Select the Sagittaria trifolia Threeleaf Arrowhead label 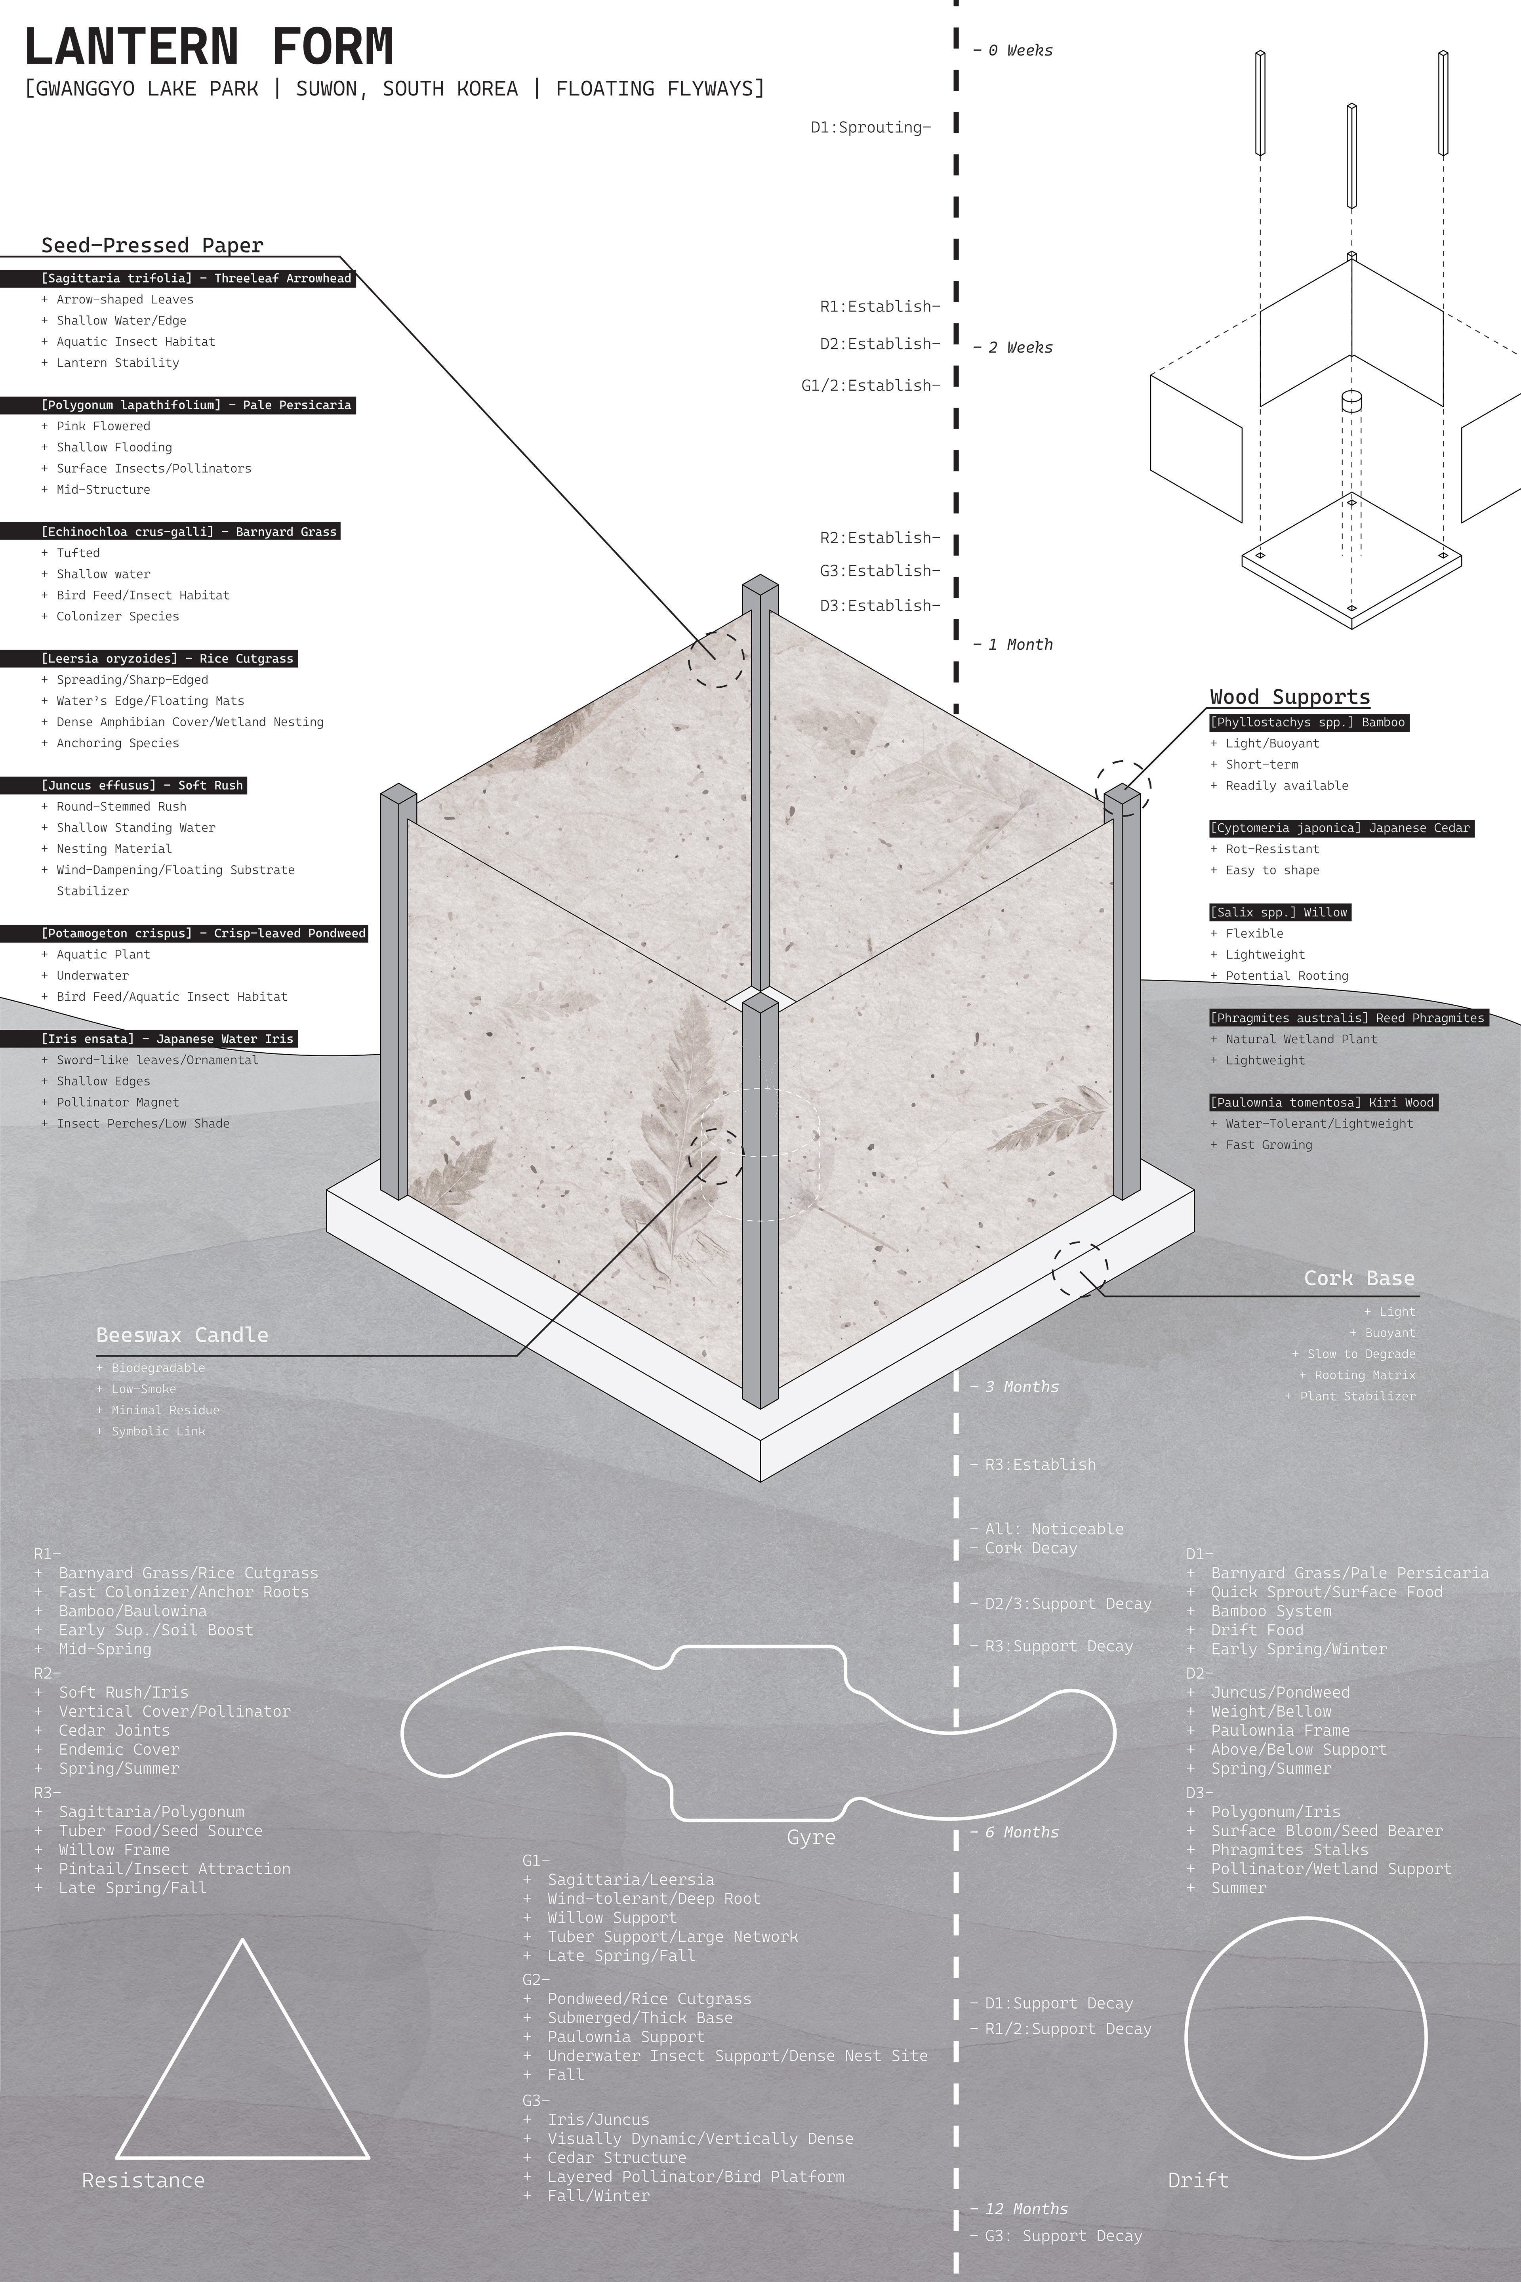pyautogui.click(x=197, y=279)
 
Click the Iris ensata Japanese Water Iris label pyautogui.click(x=167, y=1039)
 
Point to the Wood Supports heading pyautogui.click(x=1289, y=696)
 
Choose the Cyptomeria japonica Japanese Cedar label pyautogui.click(x=1340, y=828)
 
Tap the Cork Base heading pyautogui.click(x=1358, y=1278)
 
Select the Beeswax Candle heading pyautogui.click(x=182, y=1335)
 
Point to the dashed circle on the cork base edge pyautogui.click(x=1080, y=1269)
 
